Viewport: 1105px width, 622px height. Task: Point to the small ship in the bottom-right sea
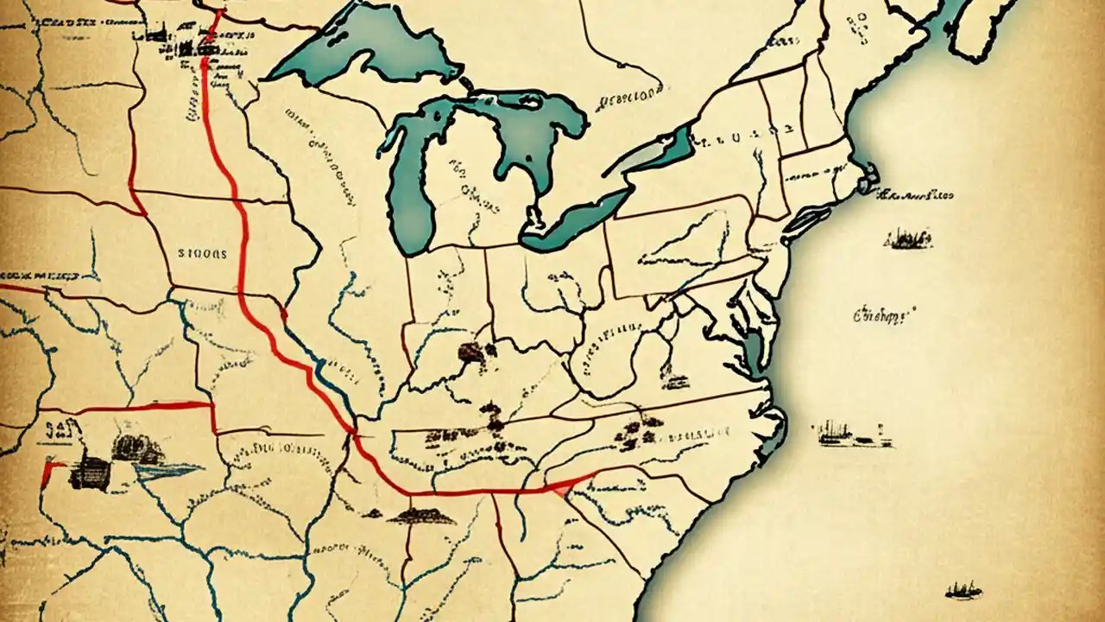pos(963,591)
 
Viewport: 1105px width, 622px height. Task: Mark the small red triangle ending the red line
pos(562,490)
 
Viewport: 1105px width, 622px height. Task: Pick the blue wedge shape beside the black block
pos(167,469)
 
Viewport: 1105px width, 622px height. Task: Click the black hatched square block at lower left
pos(91,473)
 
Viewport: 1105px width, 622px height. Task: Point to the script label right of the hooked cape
pos(920,195)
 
